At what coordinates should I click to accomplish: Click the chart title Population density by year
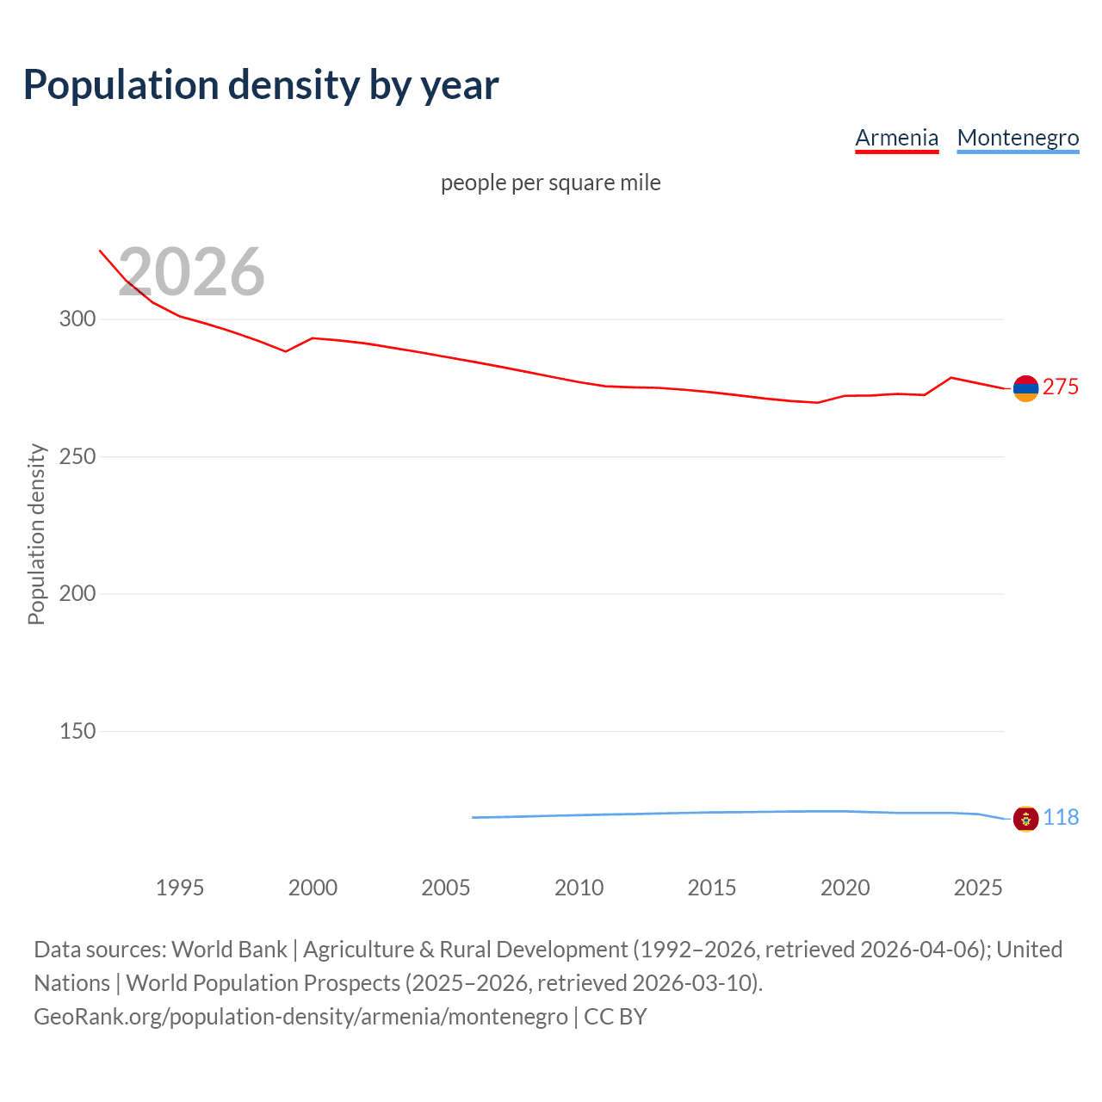(261, 85)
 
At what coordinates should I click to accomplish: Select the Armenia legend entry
(896, 138)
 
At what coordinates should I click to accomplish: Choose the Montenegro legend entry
(1018, 138)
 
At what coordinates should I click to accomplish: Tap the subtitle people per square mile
(550, 183)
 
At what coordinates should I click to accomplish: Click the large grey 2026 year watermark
(191, 272)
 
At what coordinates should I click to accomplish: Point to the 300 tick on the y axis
(77, 319)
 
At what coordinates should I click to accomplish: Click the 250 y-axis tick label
(77, 456)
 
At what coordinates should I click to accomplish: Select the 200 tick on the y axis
(77, 593)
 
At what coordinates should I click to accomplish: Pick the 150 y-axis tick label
(77, 731)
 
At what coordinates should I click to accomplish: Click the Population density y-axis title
(36, 534)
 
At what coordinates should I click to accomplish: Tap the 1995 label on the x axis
(179, 888)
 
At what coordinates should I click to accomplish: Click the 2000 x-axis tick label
(313, 888)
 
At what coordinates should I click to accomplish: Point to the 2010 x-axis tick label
(579, 888)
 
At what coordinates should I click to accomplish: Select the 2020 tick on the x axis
(845, 888)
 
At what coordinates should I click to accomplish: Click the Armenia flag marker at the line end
(1025, 388)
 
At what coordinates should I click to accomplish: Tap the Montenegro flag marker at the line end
(1025, 819)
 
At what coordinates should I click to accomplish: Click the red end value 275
(1060, 387)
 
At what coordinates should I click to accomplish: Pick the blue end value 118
(1061, 817)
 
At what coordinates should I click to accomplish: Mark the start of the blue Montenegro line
(473, 817)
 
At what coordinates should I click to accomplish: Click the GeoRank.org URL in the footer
(300, 1017)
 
